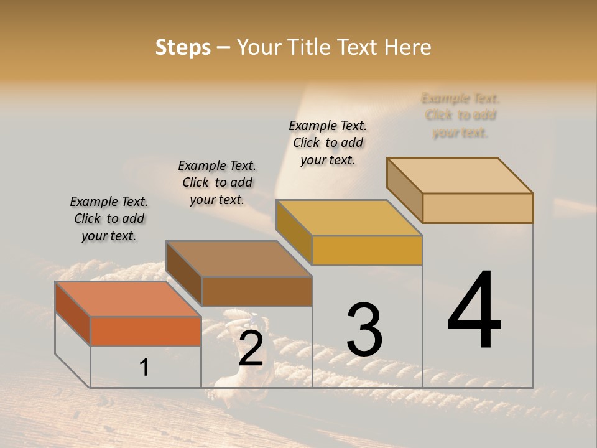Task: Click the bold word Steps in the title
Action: tap(183, 47)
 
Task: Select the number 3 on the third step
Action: tap(364, 330)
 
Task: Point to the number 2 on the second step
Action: tap(251, 348)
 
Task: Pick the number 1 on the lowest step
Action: tap(144, 367)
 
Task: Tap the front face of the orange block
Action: tap(146, 331)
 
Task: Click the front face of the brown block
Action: tap(257, 291)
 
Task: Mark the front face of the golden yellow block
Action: tap(367, 250)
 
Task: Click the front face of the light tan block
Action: tap(478, 208)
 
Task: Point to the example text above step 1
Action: tap(109, 218)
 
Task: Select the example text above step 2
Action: tap(217, 182)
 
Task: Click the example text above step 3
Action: tap(328, 142)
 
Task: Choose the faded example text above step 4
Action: tap(460, 115)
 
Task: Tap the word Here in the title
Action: tap(409, 47)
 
